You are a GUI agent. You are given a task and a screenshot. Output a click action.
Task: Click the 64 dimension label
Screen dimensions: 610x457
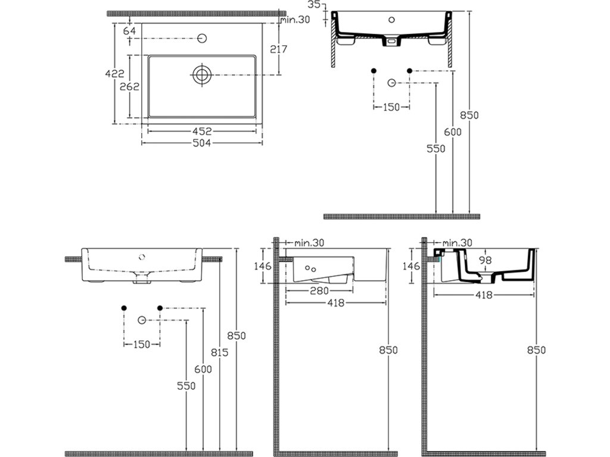pos(130,31)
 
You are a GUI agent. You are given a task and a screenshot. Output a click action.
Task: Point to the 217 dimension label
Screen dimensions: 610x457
pos(278,49)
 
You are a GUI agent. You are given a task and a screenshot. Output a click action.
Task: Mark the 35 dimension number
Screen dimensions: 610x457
pos(315,5)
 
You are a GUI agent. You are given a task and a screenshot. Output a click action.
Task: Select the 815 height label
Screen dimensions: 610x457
pos(220,353)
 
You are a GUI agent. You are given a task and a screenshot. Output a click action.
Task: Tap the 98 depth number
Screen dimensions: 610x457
pos(485,260)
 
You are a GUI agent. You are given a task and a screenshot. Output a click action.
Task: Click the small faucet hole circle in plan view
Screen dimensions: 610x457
pos(203,39)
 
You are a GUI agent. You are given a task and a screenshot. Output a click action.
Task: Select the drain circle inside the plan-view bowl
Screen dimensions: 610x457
pos(203,75)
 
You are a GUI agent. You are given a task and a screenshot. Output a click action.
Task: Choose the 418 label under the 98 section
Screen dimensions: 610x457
pos(484,295)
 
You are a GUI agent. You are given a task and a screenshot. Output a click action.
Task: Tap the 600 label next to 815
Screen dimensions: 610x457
pos(203,370)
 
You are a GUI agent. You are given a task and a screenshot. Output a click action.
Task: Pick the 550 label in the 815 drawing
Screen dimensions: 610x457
pos(186,386)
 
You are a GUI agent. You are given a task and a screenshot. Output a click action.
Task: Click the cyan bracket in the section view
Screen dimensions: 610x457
pos(441,257)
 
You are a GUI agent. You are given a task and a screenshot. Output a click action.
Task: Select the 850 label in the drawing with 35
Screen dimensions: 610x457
pos(470,115)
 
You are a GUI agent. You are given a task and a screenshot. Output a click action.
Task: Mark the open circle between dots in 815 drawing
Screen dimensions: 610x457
pos(142,321)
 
